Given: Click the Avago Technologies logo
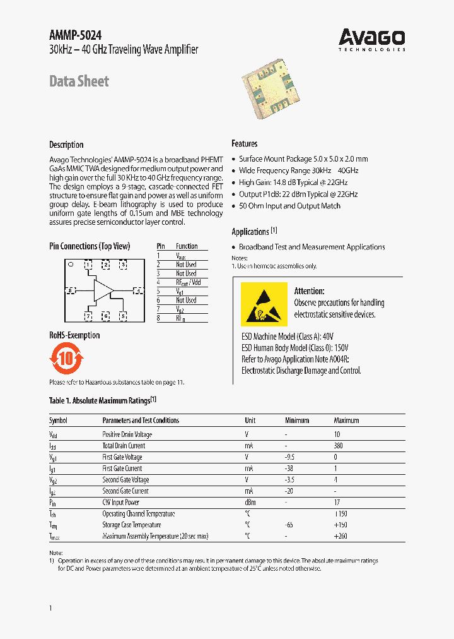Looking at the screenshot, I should (x=371, y=39).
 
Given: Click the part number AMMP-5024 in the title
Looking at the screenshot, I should (x=75, y=35).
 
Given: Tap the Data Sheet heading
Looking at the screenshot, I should (x=79, y=81).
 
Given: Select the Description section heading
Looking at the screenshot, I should (x=66, y=145).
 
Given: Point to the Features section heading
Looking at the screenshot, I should (x=244, y=143).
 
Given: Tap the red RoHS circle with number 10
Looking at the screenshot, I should (x=66, y=359).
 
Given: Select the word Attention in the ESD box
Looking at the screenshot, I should (x=309, y=291).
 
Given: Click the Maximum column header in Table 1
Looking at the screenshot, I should (x=346, y=421).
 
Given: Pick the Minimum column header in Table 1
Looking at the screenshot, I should (x=297, y=421).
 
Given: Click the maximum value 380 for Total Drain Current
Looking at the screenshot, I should (x=338, y=446).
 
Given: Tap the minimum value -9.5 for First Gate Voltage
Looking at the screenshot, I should (x=290, y=457).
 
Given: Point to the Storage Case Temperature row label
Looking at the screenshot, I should (x=131, y=525).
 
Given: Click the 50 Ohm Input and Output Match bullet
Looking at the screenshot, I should (x=289, y=206).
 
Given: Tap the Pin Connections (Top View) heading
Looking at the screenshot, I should (x=90, y=246).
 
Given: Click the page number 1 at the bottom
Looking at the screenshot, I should (x=50, y=607).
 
